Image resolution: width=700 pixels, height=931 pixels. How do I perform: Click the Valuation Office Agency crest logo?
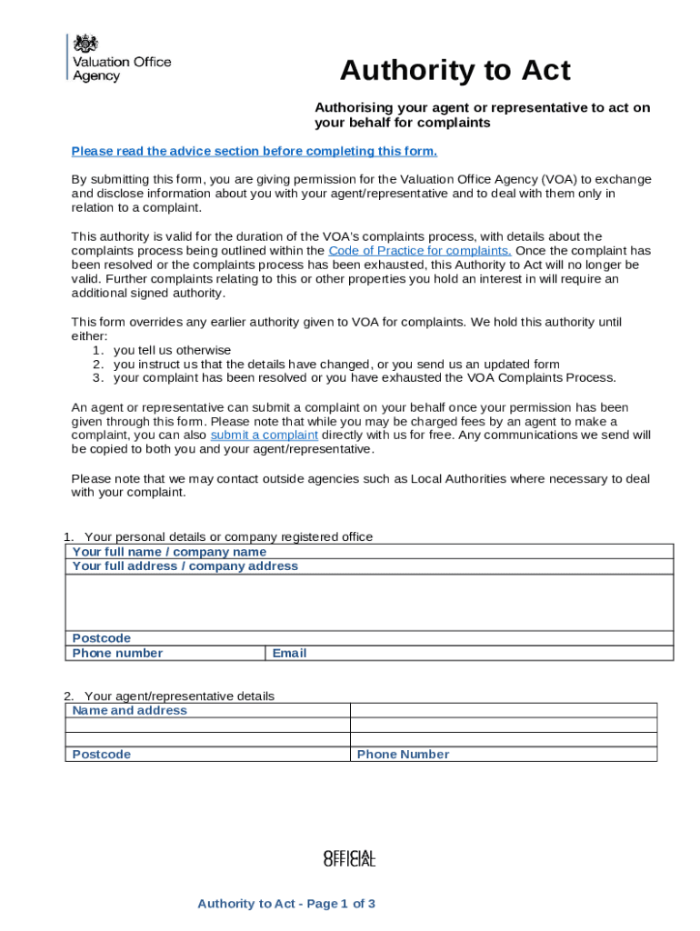[x=85, y=43]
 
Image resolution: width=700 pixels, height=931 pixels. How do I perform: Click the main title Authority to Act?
[x=455, y=71]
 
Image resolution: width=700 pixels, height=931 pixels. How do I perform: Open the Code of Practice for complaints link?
[x=419, y=251]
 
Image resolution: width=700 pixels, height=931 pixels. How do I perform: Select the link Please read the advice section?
[x=254, y=151]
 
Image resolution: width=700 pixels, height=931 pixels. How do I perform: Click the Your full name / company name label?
[x=169, y=552]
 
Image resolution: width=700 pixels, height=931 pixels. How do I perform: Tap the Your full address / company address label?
[x=185, y=566]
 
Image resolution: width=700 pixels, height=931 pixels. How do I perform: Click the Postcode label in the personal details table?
[x=101, y=638]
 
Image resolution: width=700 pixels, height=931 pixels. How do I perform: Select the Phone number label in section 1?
[x=117, y=653]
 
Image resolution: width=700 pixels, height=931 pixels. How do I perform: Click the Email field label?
[x=289, y=653]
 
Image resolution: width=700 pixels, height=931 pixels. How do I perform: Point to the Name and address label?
[x=129, y=711]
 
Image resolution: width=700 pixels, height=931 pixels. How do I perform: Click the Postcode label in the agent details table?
[x=101, y=755]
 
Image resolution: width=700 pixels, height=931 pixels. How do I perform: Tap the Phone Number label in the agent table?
[x=403, y=755]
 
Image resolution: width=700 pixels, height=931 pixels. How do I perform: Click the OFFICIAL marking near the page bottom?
[x=349, y=858]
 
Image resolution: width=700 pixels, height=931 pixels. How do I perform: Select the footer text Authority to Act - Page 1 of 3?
[x=286, y=904]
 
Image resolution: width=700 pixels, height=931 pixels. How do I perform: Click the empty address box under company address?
[x=368, y=602]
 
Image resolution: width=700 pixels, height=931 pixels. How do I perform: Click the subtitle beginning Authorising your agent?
[x=482, y=115]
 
